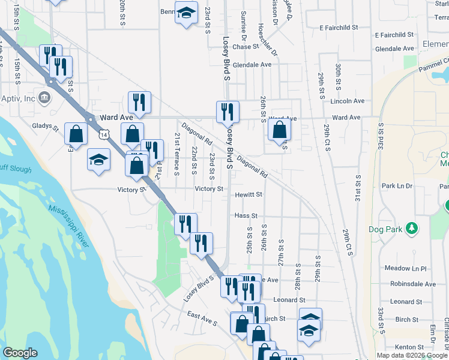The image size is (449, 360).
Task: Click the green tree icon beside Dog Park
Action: tap(411, 229)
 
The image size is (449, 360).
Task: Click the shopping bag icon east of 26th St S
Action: tap(279, 128)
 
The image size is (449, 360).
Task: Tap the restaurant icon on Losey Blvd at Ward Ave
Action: tap(228, 112)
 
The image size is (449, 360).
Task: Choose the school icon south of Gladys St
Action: tap(98, 160)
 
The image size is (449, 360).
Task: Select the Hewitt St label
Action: tap(249, 194)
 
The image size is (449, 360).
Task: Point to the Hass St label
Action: tap(246, 215)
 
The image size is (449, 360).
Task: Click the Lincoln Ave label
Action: tap(347, 101)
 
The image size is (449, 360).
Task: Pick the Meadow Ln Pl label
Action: tap(405, 268)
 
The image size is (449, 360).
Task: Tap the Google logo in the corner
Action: tap(20, 353)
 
